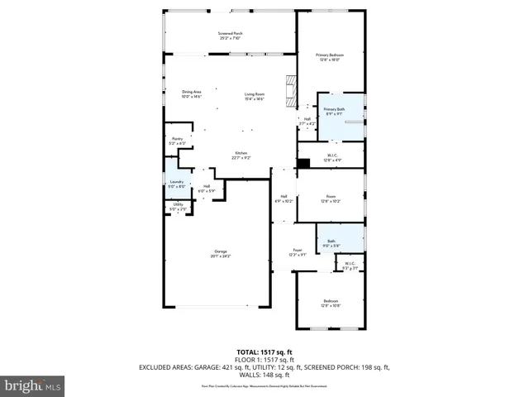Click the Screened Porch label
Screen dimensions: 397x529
pyautogui.click(x=231, y=35)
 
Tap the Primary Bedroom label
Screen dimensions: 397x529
pyautogui.click(x=330, y=57)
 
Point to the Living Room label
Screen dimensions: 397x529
pyautogui.click(x=254, y=97)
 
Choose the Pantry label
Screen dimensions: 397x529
pyautogui.click(x=177, y=141)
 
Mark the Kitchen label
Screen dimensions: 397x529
pyautogui.click(x=241, y=155)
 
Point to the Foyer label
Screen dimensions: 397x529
pyautogui.click(x=297, y=252)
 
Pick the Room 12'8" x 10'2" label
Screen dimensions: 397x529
pyautogui.click(x=330, y=198)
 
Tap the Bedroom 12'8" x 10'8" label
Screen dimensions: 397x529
pyautogui.click(x=331, y=303)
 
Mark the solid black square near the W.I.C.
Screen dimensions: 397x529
pyautogui.click(x=303, y=162)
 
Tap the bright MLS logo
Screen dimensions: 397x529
pyautogui.click(x=33, y=385)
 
